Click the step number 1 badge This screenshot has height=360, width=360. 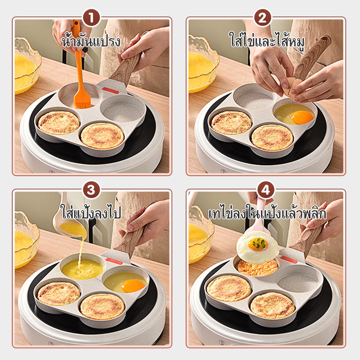(91, 18)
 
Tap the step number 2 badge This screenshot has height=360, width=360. (262, 18)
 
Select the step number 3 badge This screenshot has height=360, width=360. (91, 190)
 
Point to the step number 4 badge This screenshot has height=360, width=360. (266, 190)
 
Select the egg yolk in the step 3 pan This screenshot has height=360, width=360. (133, 285)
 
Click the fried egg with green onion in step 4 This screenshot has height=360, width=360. (258, 247)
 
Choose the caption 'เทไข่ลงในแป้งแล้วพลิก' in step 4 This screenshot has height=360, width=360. (267, 213)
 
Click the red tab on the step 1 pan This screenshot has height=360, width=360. (111, 90)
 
